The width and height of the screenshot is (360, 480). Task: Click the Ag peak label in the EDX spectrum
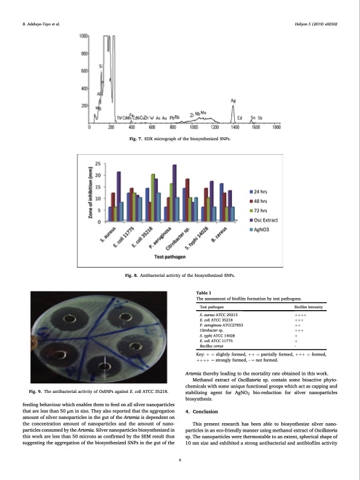coord(234,100)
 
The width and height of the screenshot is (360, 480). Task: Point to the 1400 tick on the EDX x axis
coord(235,126)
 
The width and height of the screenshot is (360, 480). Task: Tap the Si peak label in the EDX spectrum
coord(100,65)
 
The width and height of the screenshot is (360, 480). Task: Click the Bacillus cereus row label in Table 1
coord(212,345)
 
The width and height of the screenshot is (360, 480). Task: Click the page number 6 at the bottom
coord(180,461)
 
